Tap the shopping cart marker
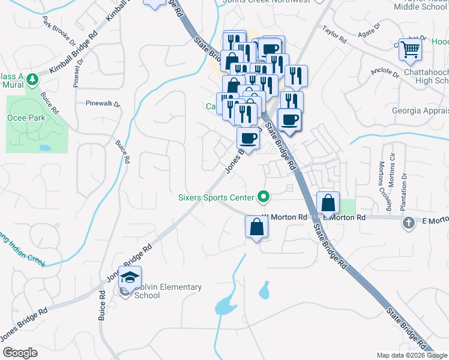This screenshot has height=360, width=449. click(x=411, y=49)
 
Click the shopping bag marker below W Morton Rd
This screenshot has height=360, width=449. click(x=256, y=227)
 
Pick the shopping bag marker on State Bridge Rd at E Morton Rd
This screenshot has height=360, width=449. click(x=328, y=203)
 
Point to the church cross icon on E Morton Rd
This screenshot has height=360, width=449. click(x=408, y=223)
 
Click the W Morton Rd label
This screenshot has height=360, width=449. click(x=285, y=217)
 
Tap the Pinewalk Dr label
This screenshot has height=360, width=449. click(x=103, y=103)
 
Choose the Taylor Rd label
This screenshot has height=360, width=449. click(x=334, y=34)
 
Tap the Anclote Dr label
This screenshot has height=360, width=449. click(x=385, y=73)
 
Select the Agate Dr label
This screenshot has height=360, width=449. click(x=369, y=30)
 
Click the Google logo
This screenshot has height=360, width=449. click(x=20, y=353)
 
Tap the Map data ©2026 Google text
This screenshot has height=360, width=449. click(x=411, y=355)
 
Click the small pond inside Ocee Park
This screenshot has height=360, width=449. click(x=44, y=147)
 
